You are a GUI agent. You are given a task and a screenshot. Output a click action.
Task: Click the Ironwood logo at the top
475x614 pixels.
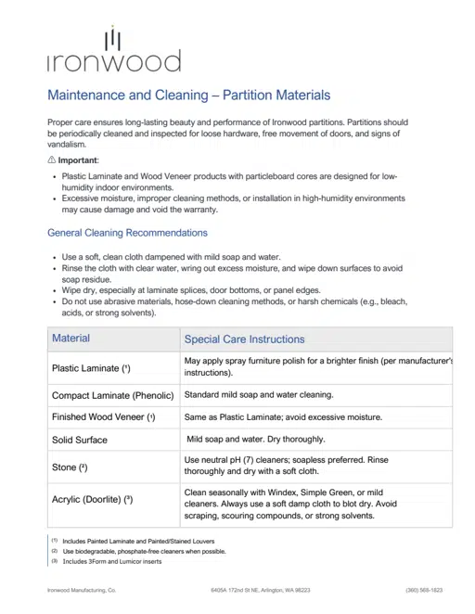[113, 51]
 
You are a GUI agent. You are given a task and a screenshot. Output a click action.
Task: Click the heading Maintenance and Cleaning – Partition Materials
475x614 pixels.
[188, 96]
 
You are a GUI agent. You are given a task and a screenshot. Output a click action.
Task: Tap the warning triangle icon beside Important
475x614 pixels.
[52, 160]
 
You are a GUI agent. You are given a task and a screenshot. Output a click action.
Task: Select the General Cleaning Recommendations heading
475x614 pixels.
[127, 233]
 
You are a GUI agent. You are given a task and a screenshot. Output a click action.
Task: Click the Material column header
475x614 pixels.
[71, 339]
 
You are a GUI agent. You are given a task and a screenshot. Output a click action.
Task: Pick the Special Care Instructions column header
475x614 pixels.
[244, 339]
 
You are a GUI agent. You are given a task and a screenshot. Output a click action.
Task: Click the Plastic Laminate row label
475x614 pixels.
[91, 368]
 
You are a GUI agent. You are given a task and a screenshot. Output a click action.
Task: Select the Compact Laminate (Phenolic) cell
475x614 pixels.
[113, 395]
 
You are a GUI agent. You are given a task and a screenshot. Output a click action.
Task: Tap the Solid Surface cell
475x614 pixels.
[80, 440]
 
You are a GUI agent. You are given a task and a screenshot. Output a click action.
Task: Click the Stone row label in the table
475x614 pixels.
[71, 467]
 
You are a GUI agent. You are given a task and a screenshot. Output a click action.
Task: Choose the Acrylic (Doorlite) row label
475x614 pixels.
[93, 500]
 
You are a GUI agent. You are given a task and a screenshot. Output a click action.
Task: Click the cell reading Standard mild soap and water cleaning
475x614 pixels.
[259, 394]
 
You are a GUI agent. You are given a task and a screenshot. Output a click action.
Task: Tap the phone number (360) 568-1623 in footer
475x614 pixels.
[424, 590]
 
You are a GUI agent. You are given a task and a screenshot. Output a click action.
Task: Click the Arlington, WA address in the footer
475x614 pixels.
[261, 590]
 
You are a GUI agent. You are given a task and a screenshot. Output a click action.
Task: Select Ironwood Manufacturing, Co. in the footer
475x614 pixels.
[82, 590]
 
